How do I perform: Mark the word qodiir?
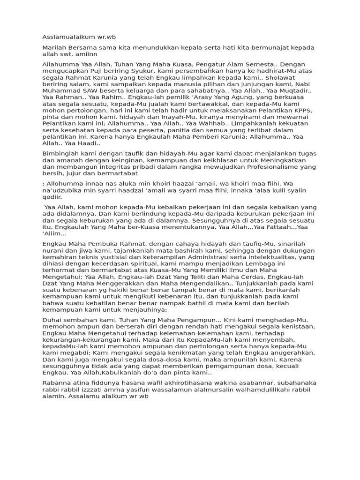pos(52,197)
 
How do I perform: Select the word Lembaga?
pos(286,264)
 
